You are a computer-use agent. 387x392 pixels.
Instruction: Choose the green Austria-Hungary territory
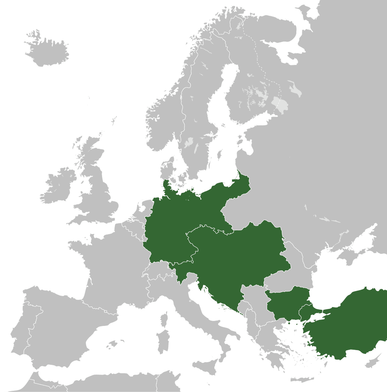tap(234, 257)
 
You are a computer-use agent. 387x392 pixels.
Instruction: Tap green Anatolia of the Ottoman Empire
tap(351, 325)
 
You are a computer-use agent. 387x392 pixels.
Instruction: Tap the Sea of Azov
tap(363, 242)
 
